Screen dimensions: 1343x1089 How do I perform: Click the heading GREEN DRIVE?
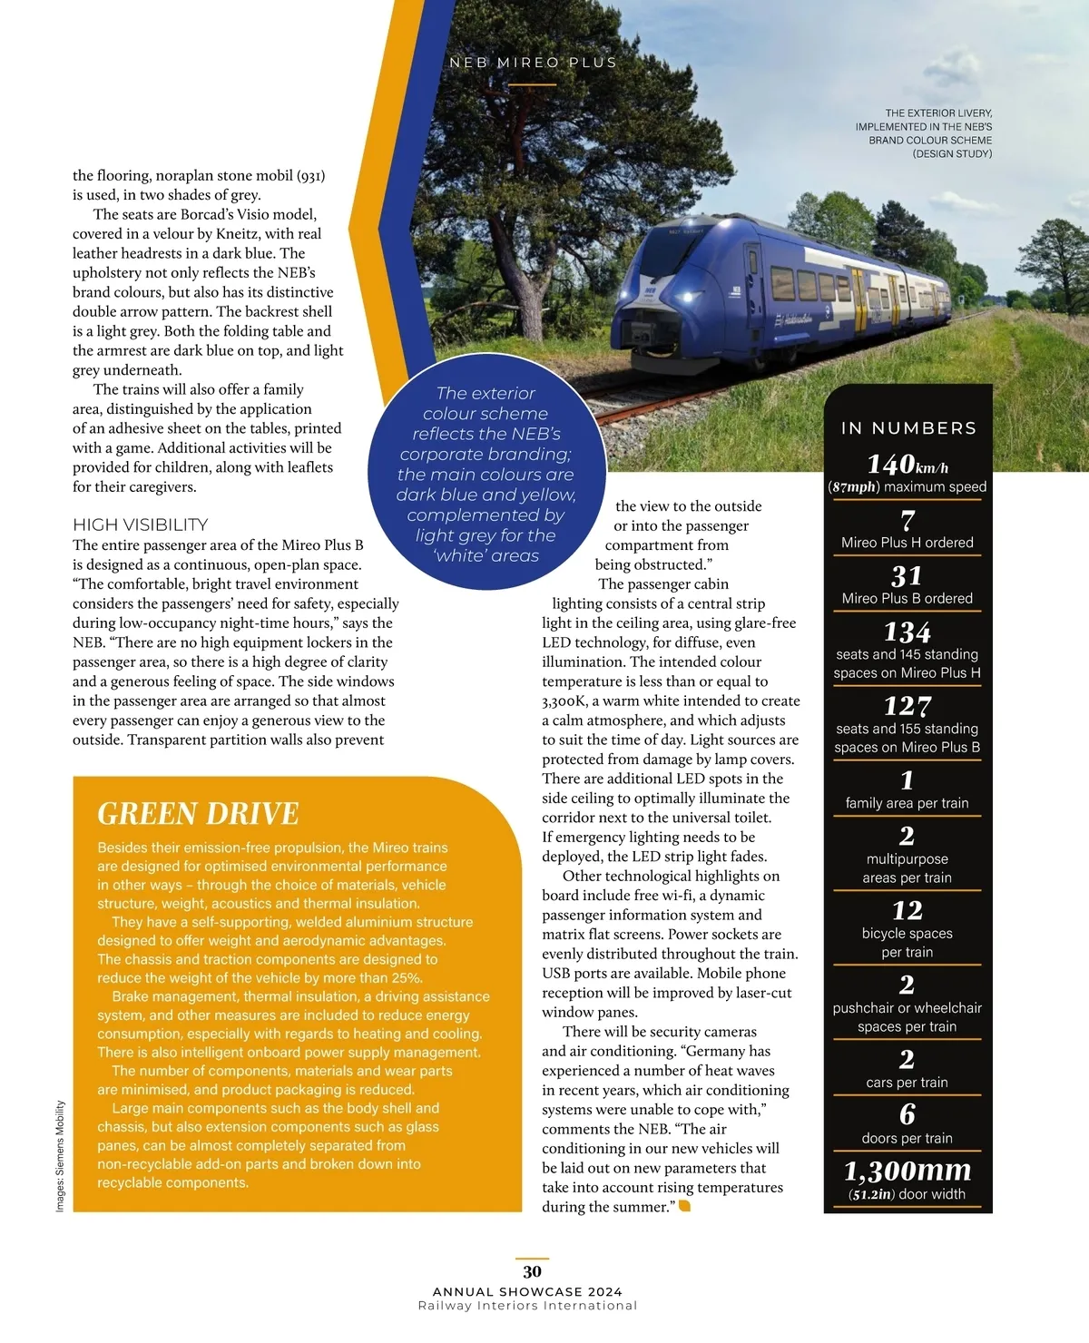tap(198, 813)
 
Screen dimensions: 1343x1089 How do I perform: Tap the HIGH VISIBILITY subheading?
tap(141, 524)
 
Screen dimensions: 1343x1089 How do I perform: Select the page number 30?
tap(532, 1271)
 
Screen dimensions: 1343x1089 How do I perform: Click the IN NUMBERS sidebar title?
tap(908, 428)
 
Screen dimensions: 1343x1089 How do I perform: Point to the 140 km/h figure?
tap(907, 465)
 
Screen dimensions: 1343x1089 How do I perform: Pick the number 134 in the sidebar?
tap(907, 632)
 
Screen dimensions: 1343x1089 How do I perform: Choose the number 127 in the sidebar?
tap(907, 706)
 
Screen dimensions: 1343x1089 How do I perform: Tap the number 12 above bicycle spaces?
tap(907, 910)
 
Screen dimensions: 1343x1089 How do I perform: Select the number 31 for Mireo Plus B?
tap(907, 576)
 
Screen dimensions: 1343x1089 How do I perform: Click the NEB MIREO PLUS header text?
tap(533, 63)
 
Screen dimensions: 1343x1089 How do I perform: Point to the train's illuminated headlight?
tap(687, 296)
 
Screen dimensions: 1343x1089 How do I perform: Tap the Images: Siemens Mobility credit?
tap(61, 1156)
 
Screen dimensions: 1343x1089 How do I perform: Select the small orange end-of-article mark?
tap(684, 1206)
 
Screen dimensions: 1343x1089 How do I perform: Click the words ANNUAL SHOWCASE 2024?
tap(527, 1291)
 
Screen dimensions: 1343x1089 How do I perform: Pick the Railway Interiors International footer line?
tap(527, 1306)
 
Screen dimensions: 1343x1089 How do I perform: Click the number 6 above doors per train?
tap(907, 1114)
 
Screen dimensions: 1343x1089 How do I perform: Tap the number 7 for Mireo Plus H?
tap(907, 520)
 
